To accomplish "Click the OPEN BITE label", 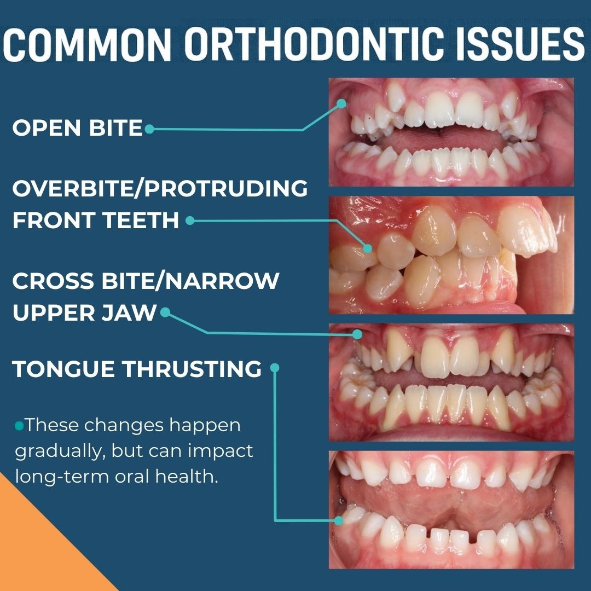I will pyautogui.click(x=77, y=129).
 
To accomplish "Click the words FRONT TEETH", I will pyautogui.click(x=96, y=221).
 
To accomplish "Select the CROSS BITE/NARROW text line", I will pyautogui.click(x=146, y=281).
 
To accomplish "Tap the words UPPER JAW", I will pyautogui.click(x=84, y=314).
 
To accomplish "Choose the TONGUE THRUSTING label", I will pyautogui.click(x=137, y=369).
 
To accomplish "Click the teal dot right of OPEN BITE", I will pyautogui.click(x=149, y=129).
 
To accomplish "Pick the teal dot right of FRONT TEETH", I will pyautogui.click(x=189, y=221).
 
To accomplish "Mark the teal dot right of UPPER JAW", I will pyautogui.click(x=165, y=312).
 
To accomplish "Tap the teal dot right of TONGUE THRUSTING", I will pyautogui.click(x=275, y=368).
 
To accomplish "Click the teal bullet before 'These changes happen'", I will pyautogui.click(x=19, y=425).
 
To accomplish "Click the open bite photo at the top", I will pyautogui.click(x=451, y=132).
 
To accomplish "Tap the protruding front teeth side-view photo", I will pyautogui.click(x=451, y=254).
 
